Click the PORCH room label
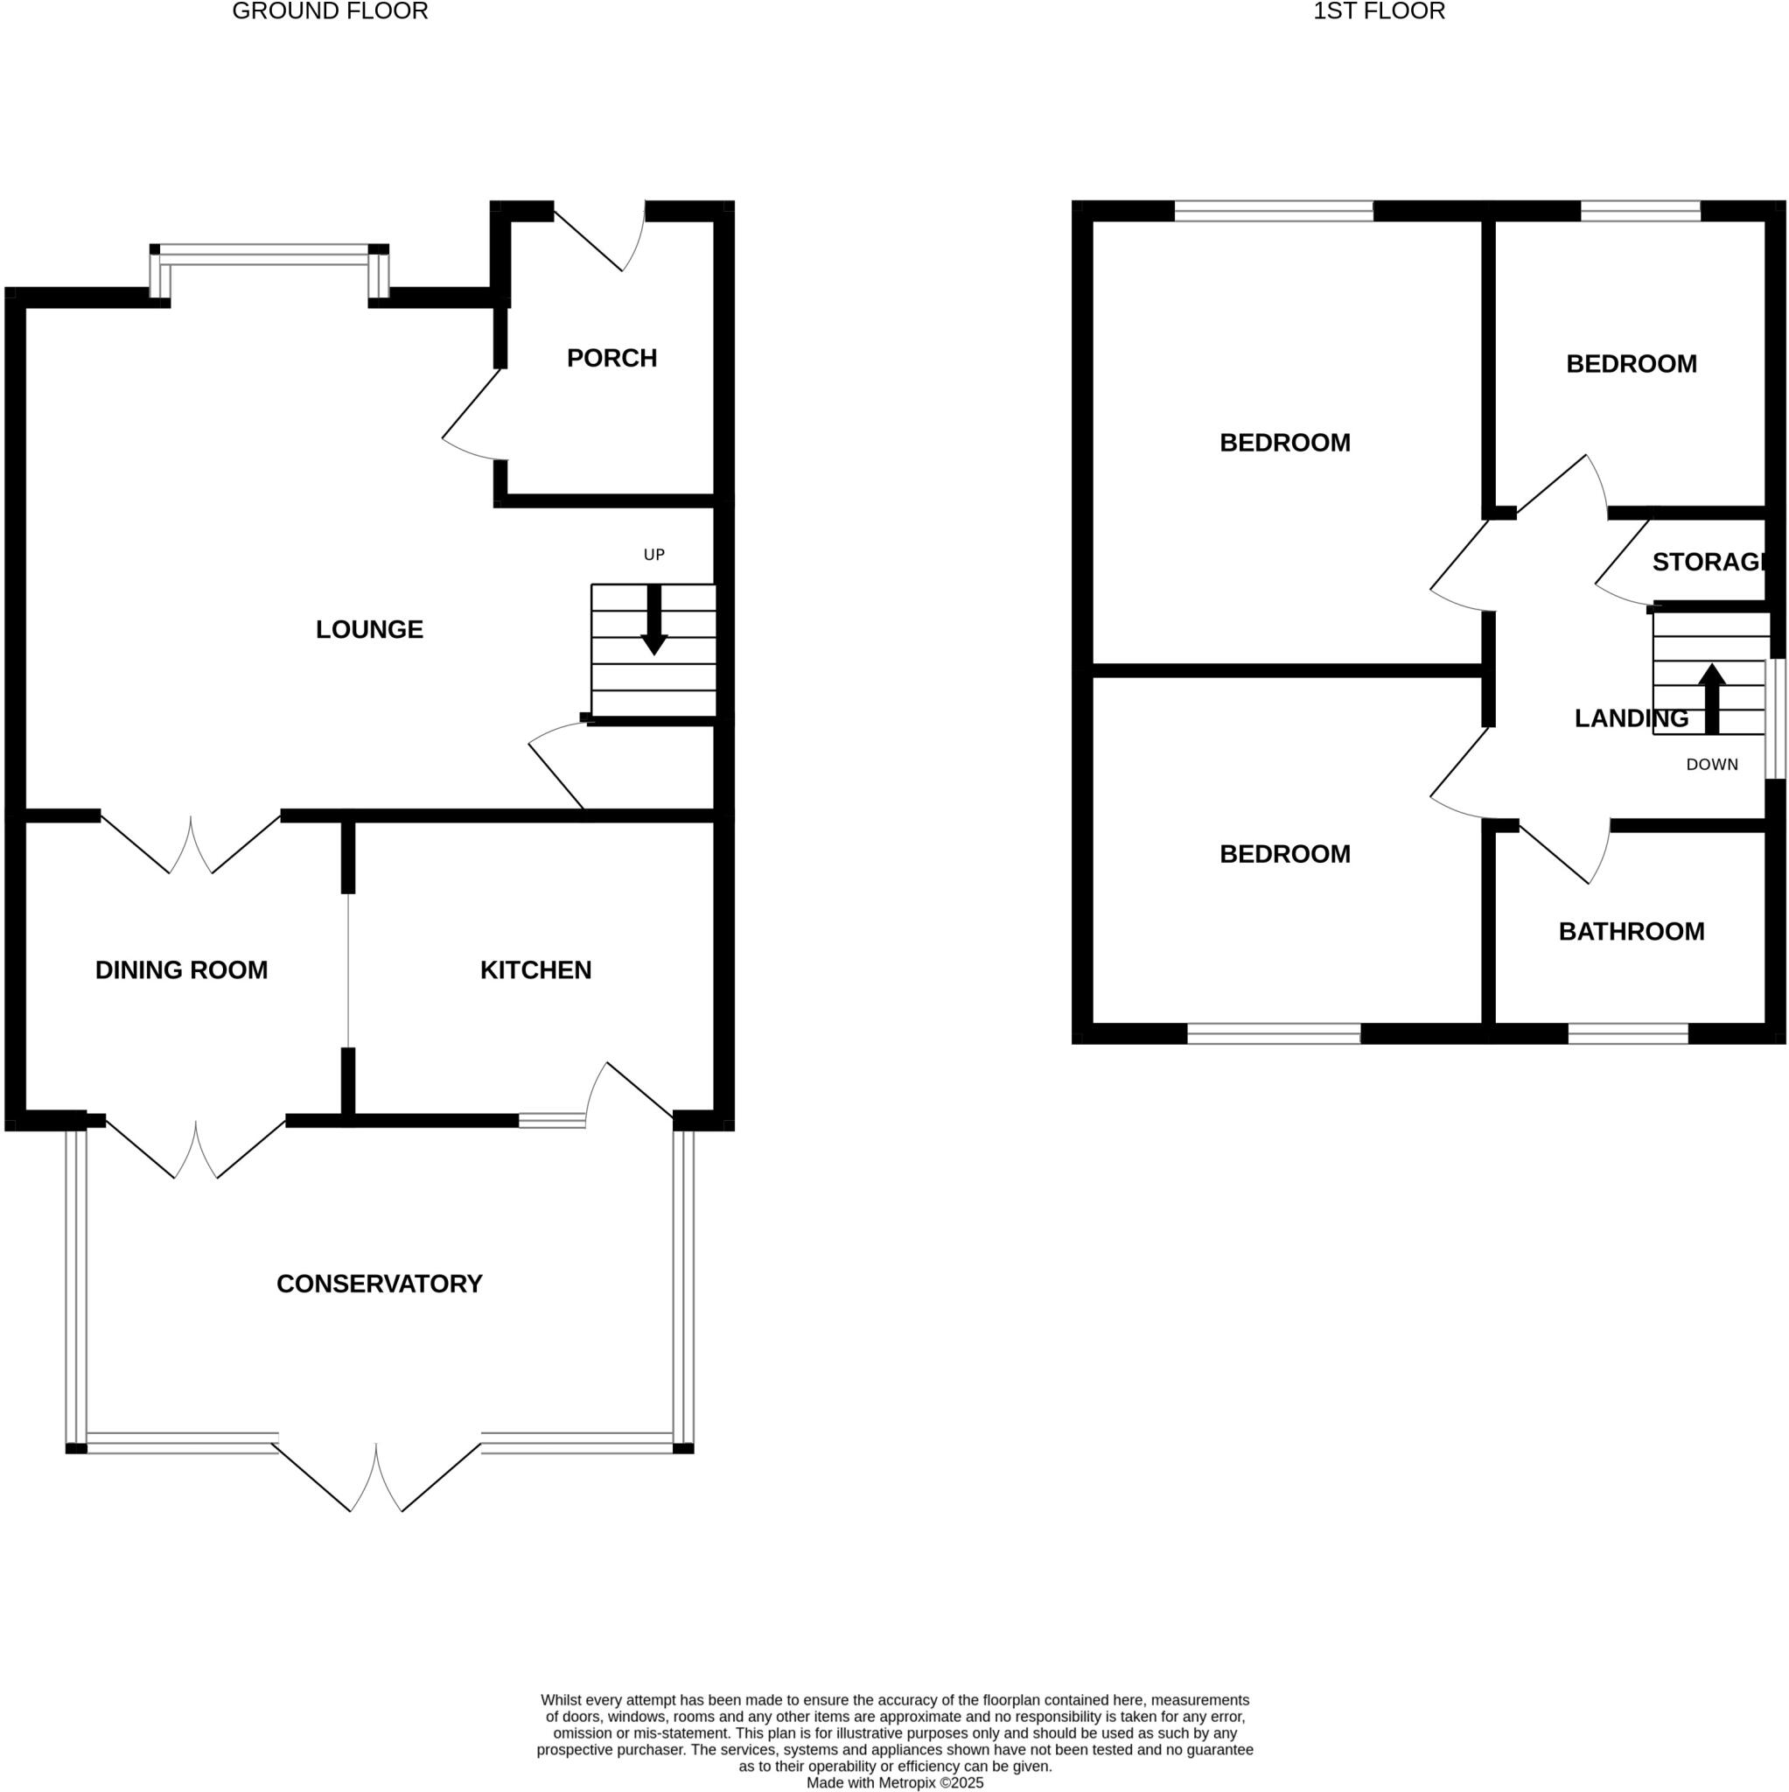point(611,358)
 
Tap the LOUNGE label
point(369,630)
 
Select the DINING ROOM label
point(181,970)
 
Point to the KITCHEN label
point(535,970)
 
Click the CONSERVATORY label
point(380,1284)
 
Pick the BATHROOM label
point(1631,931)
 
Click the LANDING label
point(1631,717)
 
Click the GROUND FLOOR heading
point(329,11)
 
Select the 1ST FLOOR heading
point(1378,11)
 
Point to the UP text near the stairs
point(653,555)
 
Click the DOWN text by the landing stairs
point(1711,764)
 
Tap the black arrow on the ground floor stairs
point(653,619)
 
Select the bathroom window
point(1628,1033)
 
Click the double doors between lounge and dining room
point(191,844)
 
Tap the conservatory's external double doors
point(376,1474)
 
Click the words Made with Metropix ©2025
point(894,1782)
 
